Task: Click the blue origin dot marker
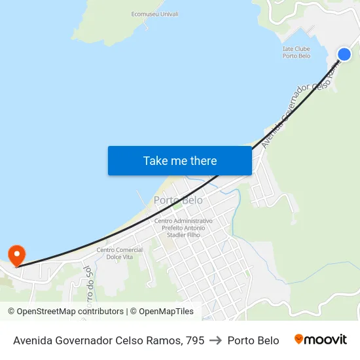[344, 54]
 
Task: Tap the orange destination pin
[16, 255]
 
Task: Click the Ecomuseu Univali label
[154, 14]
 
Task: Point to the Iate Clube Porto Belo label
[297, 52]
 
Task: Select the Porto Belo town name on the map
[178, 200]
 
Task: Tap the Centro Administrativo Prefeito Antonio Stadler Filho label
[183, 228]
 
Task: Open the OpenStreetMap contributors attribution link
[65, 312]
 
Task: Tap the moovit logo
[321, 340]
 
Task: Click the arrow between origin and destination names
[215, 340]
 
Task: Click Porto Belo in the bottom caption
[253, 340]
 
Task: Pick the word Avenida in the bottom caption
[33, 340]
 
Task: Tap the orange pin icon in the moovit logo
[299, 339]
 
